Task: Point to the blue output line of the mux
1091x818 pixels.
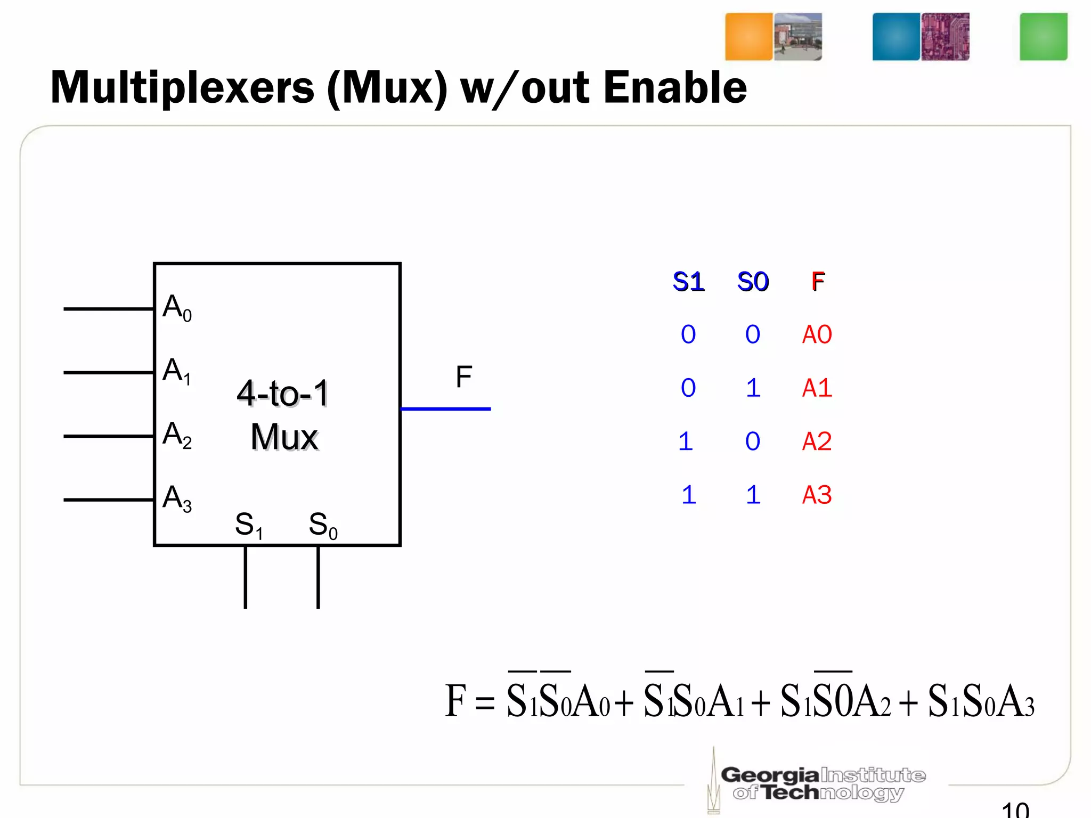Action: pyautogui.click(x=445, y=409)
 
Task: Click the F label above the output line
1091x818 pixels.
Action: pyautogui.click(x=463, y=377)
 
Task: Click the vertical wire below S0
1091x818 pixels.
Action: pyautogui.click(x=318, y=577)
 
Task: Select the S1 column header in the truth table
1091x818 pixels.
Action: pyautogui.click(x=688, y=282)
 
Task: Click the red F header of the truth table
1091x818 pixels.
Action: pyautogui.click(x=818, y=282)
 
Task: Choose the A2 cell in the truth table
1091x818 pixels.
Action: pyautogui.click(x=817, y=441)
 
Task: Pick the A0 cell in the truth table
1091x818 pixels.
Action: pyautogui.click(x=817, y=334)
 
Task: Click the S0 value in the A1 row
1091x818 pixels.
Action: pyautogui.click(x=753, y=388)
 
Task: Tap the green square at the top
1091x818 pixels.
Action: pyautogui.click(x=1043, y=37)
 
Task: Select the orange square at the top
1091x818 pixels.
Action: pyautogui.click(x=748, y=37)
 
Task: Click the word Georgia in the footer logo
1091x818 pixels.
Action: pyautogui.click(x=769, y=775)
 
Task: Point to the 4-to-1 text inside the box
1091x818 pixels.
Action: pyautogui.click(x=282, y=394)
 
